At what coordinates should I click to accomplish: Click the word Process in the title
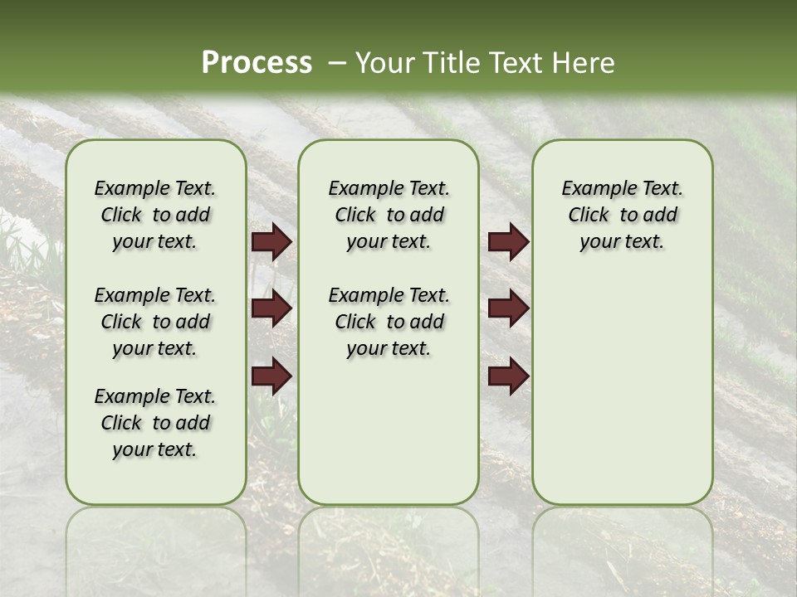tap(257, 63)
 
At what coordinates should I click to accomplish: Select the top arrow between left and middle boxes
tap(271, 241)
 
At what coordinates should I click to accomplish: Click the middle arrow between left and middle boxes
tap(271, 308)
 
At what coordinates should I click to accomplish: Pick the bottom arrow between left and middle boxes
tap(271, 375)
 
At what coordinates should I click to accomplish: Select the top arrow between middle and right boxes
tap(508, 241)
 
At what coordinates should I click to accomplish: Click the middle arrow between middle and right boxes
tap(508, 308)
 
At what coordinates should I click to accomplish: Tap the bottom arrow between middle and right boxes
tap(508, 375)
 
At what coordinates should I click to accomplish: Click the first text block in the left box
tap(155, 215)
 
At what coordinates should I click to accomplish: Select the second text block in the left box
tap(155, 322)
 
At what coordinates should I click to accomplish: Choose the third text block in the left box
tap(155, 423)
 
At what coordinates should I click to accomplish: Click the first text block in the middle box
tap(389, 215)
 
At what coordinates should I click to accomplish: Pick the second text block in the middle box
tap(389, 322)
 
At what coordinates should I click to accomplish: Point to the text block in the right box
tap(622, 215)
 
